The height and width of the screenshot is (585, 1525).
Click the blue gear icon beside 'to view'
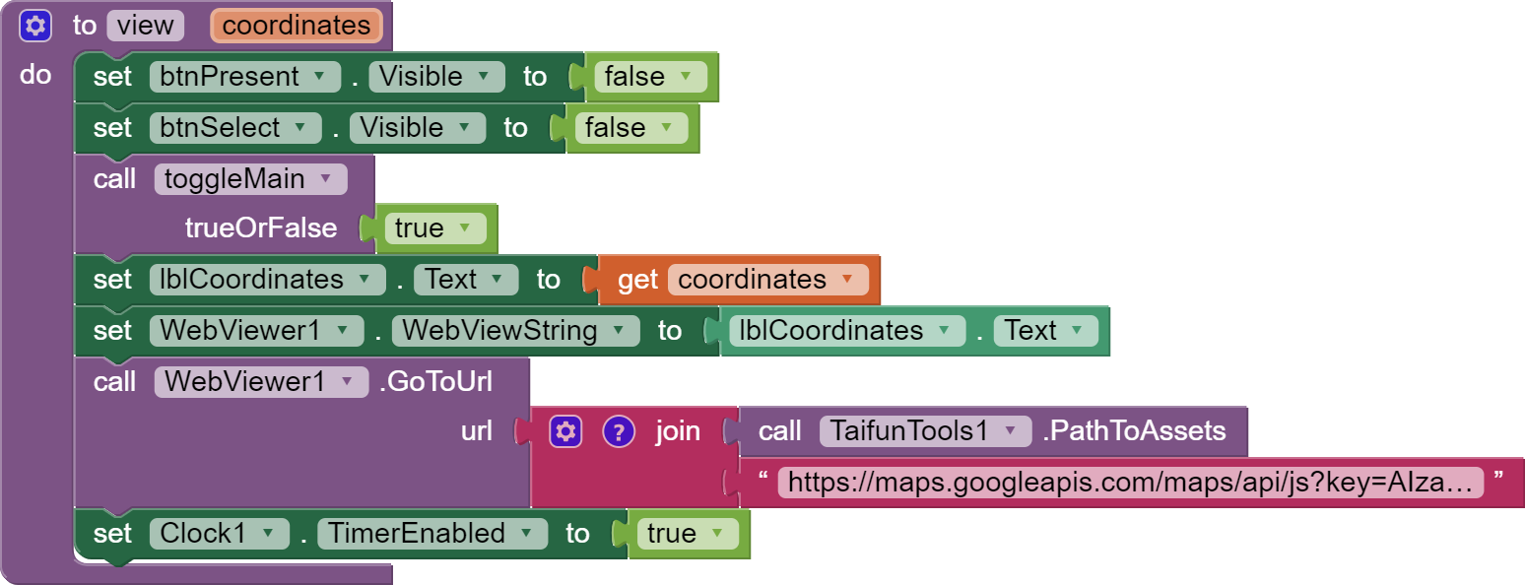click(35, 26)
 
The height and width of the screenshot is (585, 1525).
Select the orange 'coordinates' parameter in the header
click(296, 26)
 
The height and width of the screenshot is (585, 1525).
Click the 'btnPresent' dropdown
click(244, 77)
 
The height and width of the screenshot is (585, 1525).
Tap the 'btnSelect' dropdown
click(234, 128)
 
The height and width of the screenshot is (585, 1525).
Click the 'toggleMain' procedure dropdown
click(250, 179)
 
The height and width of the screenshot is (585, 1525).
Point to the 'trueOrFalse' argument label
click(261, 228)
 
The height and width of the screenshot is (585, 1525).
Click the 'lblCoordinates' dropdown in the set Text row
click(266, 280)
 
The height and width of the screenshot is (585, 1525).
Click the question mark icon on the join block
click(618, 431)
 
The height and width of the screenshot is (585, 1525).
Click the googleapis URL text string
click(1130, 483)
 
